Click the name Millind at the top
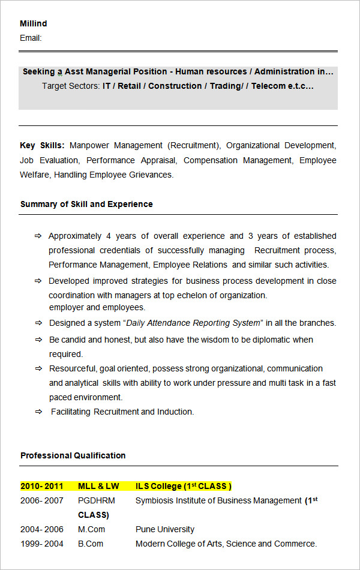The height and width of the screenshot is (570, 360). tap(33, 23)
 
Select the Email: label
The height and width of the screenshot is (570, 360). tap(31, 38)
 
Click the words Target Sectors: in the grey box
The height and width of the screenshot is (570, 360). tap(71, 86)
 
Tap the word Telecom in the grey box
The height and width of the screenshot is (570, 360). tap(268, 86)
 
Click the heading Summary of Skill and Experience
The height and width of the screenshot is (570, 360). tap(86, 204)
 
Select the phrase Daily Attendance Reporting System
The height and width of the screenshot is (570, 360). tap(194, 323)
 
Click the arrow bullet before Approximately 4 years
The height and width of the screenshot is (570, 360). tap(38, 236)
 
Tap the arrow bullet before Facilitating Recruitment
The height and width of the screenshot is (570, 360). tap(38, 412)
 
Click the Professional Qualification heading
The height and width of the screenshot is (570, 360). tap(73, 455)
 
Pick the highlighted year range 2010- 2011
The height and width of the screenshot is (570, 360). tap(41, 486)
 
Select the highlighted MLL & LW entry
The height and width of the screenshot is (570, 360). tap(98, 486)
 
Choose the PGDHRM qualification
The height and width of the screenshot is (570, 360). tap(97, 500)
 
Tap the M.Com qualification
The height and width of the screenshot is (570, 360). tap(91, 529)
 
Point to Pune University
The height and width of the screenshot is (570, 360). tap(165, 529)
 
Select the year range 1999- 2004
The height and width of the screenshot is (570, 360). tap(41, 544)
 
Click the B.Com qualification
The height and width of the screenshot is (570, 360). tap(91, 544)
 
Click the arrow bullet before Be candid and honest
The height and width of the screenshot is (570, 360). tap(38, 340)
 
